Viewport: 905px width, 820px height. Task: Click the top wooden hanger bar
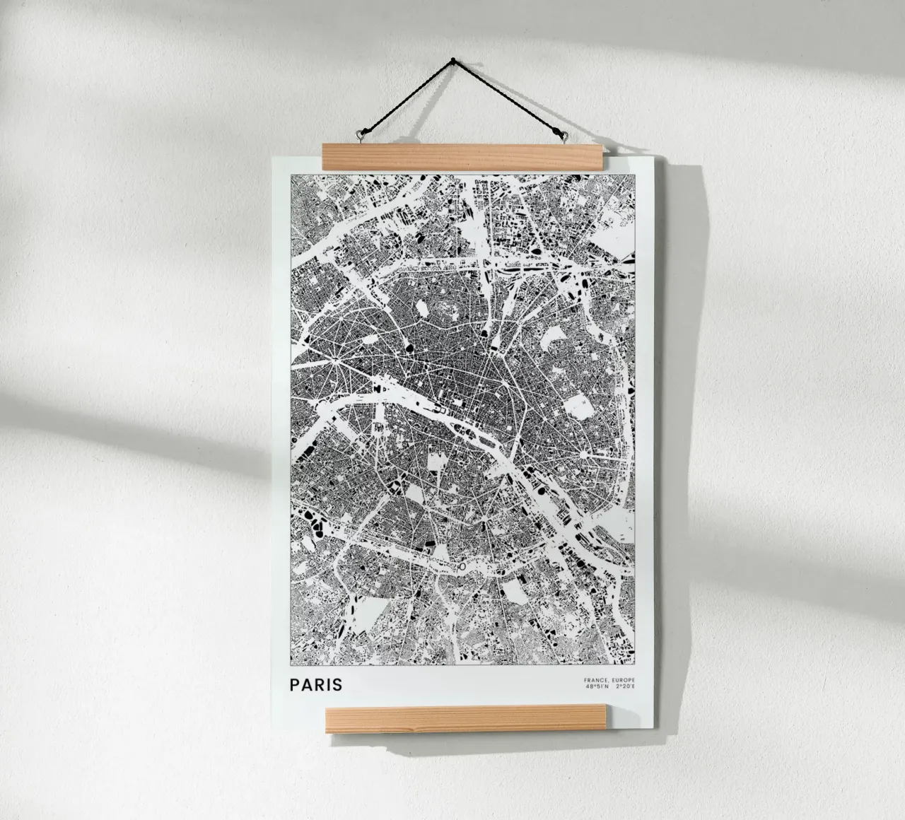tap(463, 156)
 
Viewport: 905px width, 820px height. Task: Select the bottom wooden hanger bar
tap(465, 720)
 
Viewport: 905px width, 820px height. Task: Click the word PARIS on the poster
tap(315, 684)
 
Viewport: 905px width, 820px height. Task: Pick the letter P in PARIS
tap(293, 684)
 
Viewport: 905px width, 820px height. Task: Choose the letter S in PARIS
tap(337, 684)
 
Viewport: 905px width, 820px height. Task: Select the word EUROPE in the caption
tap(624, 680)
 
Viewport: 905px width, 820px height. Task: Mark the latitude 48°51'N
tap(597, 686)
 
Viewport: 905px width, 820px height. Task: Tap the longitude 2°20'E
tap(626, 686)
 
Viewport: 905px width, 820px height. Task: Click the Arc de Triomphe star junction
tap(332, 361)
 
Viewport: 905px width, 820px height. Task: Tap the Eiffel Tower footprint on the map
tap(379, 428)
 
